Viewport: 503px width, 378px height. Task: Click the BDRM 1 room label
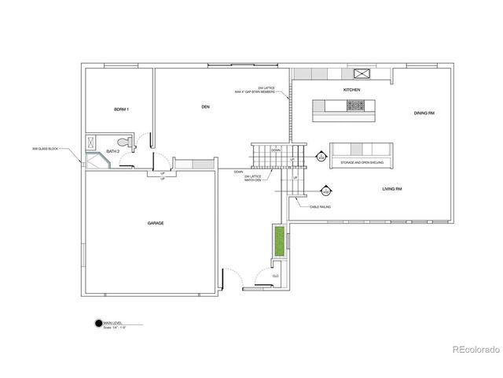pos(121,109)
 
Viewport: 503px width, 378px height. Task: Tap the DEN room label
pos(205,106)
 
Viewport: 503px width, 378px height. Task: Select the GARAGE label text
pos(155,223)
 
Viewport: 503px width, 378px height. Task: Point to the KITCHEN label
pos(352,91)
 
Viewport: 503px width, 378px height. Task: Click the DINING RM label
pos(424,113)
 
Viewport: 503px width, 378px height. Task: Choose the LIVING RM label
pos(392,189)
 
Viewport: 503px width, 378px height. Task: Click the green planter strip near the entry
pos(278,241)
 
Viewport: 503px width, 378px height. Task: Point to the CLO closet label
pos(276,276)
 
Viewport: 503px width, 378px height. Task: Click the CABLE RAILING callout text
pos(319,206)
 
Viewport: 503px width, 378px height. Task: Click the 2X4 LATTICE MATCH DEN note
pos(253,180)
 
